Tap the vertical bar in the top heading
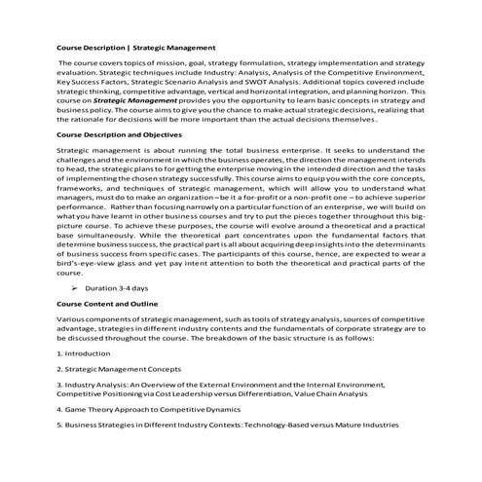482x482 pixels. tap(130, 46)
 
